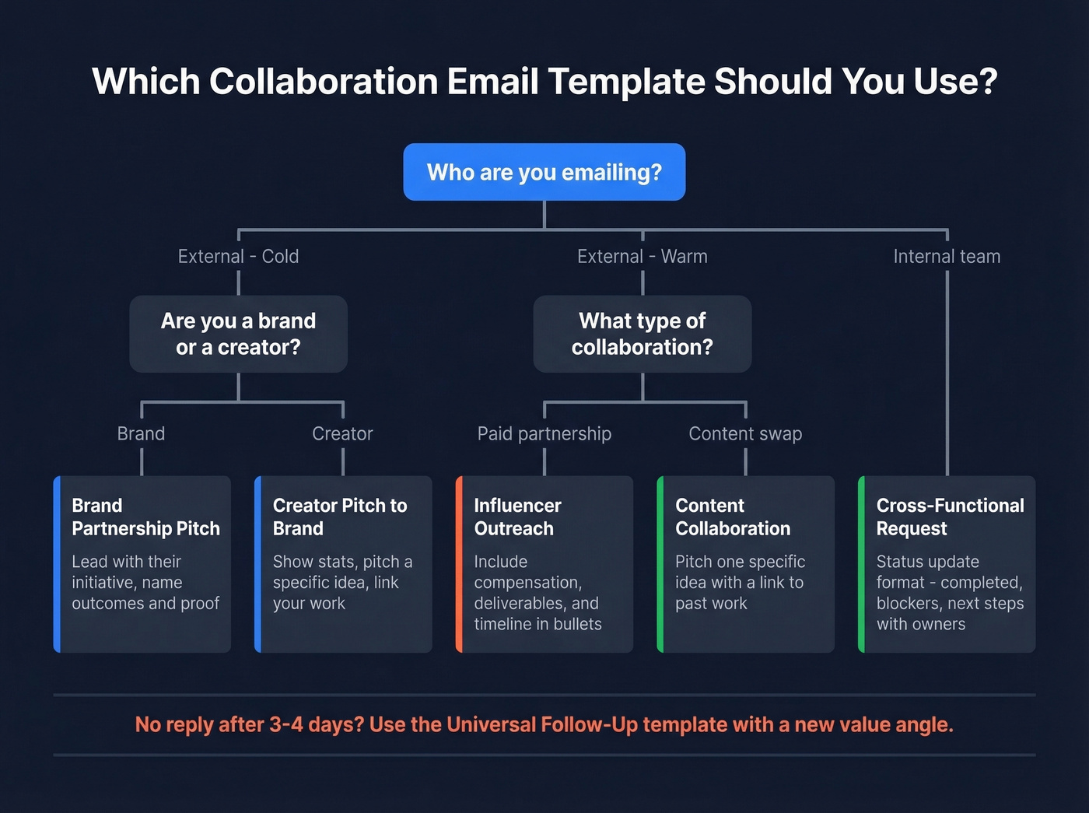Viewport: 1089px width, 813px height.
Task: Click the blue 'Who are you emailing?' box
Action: [544, 172]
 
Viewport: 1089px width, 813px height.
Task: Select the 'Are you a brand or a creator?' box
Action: [238, 334]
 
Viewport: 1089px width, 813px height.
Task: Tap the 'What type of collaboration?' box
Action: [642, 334]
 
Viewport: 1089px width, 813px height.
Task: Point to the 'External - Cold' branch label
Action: [238, 257]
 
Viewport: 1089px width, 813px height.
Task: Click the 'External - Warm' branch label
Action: [642, 257]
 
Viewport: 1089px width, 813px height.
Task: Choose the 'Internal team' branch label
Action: [947, 257]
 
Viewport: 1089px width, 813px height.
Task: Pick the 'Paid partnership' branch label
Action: [544, 434]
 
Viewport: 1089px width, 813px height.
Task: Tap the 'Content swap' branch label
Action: [745, 434]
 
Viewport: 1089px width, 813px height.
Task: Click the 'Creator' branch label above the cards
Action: [342, 434]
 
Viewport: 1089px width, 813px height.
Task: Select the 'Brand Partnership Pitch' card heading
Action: [145, 517]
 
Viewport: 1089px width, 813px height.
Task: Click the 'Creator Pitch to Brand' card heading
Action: [340, 517]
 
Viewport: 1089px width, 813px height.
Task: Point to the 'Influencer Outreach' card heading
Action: [517, 517]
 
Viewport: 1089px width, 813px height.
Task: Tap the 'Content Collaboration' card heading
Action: [733, 517]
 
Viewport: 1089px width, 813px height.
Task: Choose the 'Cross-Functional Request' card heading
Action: [950, 517]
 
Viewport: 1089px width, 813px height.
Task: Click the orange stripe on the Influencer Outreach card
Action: [459, 564]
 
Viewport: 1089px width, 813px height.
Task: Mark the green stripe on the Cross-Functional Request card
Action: [861, 564]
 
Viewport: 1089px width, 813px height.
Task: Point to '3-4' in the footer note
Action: [286, 725]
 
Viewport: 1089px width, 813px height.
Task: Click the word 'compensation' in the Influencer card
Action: [527, 583]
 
